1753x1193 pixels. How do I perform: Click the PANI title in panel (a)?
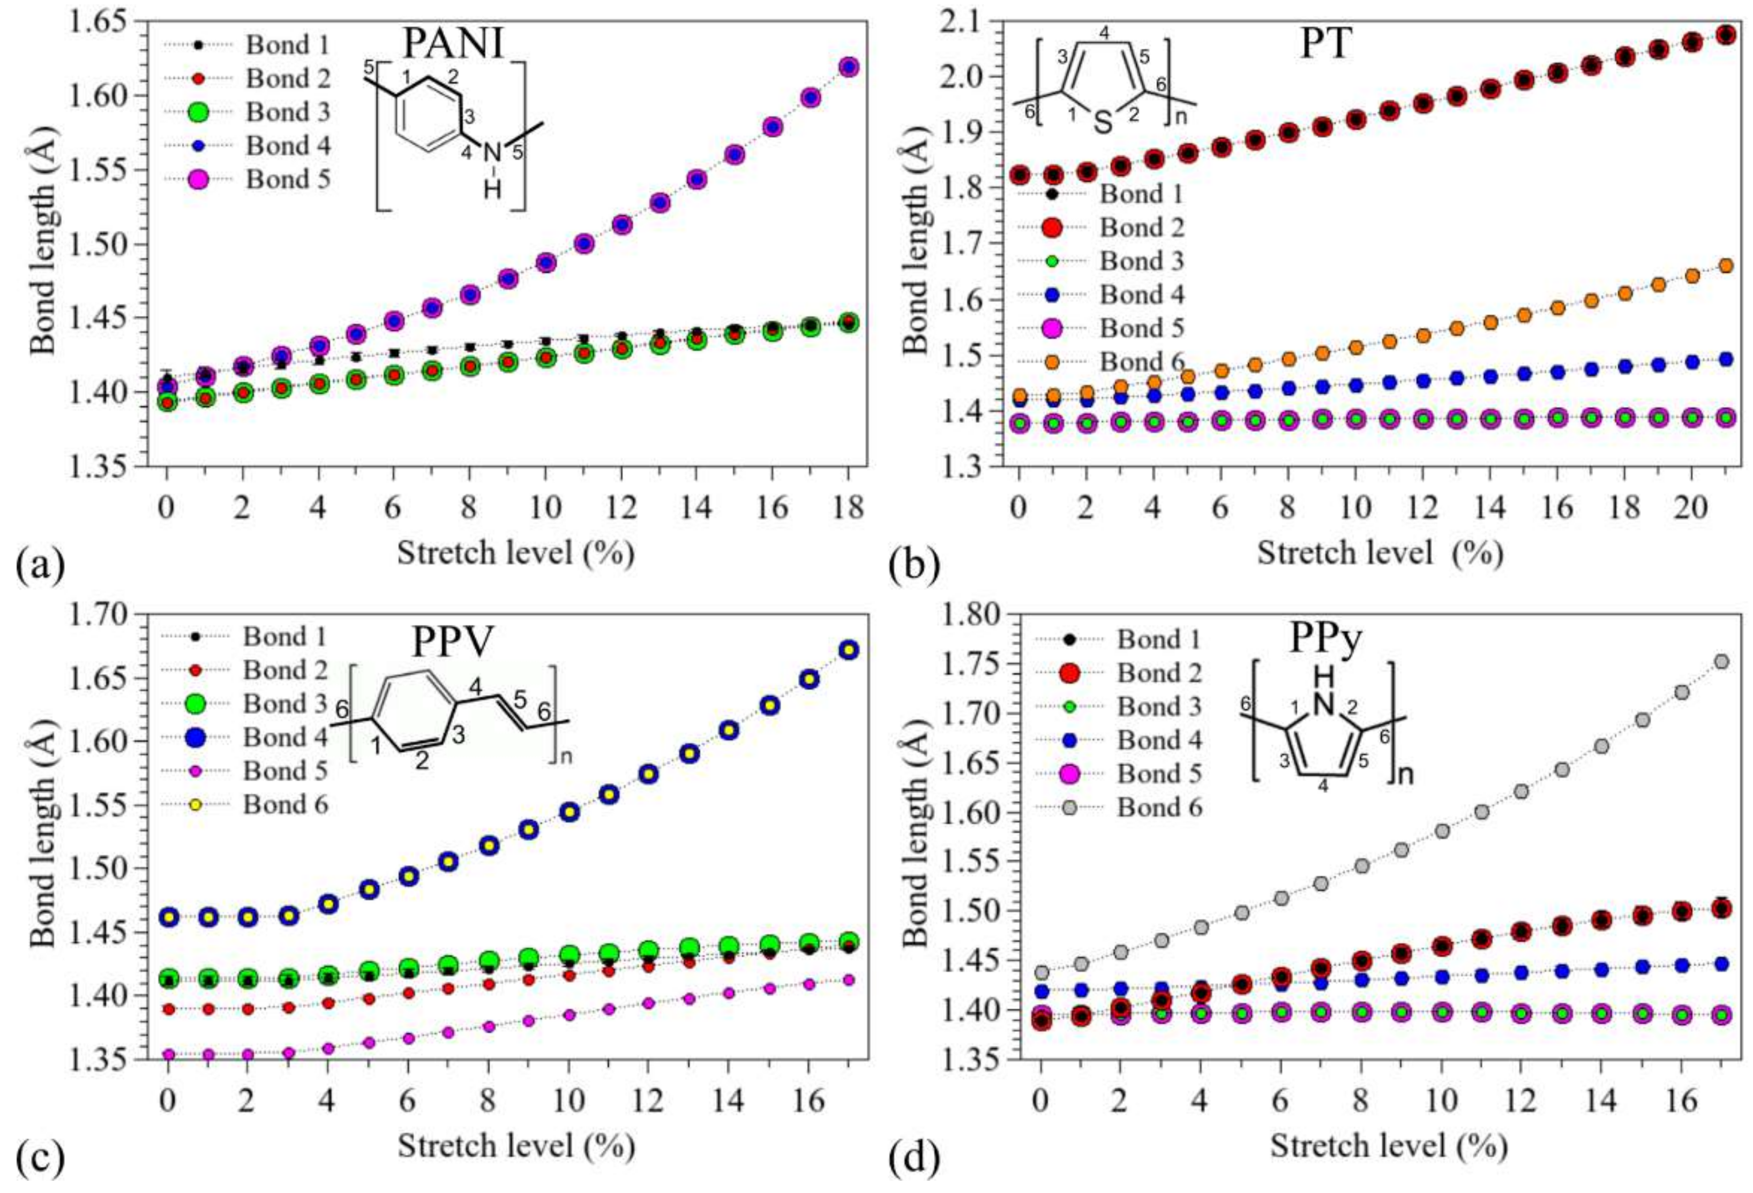pos(453,44)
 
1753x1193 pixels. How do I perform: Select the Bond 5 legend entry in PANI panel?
pos(287,179)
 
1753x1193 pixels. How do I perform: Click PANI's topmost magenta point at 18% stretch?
pos(849,67)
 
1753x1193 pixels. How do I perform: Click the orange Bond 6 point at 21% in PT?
pos(1726,266)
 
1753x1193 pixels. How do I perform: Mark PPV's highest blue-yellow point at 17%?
pos(849,650)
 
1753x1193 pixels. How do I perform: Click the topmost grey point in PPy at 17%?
pos(1722,661)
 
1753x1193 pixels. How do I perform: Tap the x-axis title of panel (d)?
pos(1389,1147)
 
